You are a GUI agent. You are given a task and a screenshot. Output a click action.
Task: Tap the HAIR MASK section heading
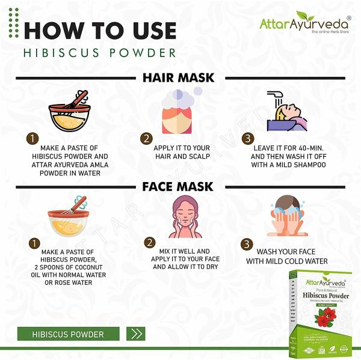click(x=178, y=78)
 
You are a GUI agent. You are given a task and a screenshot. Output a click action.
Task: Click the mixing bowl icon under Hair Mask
click(x=69, y=111)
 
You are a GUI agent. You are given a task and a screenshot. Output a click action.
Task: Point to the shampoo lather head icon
click(x=178, y=111)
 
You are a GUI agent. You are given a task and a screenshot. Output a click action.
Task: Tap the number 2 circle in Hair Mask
click(x=146, y=139)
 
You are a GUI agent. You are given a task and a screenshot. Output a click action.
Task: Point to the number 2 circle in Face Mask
click(x=149, y=243)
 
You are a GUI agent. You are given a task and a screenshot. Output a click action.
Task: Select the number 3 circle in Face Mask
click(x=246, y=244)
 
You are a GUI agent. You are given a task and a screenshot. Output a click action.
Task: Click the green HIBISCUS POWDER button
click(x=68, y=334)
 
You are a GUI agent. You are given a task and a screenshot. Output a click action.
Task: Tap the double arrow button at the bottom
click(x=137, y=334)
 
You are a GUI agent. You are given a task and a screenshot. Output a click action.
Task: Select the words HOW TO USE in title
click(x=100, y=30)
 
